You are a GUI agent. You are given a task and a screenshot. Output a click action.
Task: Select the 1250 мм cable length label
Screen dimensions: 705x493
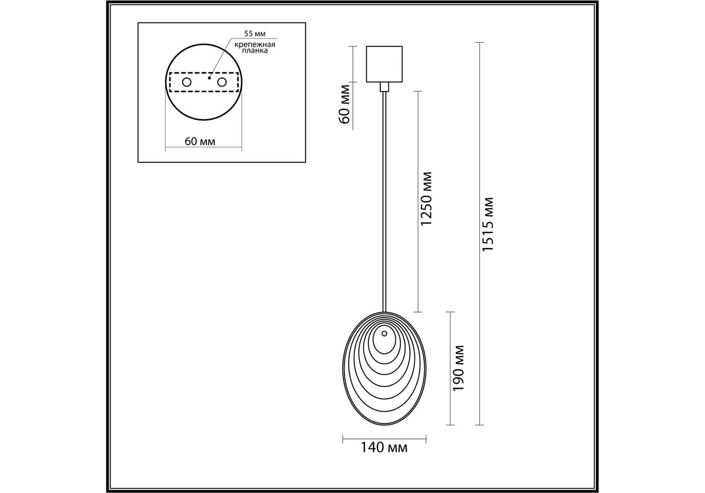(x=426, y=199)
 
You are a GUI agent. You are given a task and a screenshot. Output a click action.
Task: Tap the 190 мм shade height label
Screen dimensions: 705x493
(x=458, y=368)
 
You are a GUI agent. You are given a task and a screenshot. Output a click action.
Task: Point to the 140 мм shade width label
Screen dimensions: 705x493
(x=384, y=447)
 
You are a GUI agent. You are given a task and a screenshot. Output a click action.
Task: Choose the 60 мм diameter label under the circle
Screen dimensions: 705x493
(x=200, y=141)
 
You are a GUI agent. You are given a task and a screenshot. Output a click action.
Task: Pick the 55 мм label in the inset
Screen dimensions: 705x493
(x=255, y=34)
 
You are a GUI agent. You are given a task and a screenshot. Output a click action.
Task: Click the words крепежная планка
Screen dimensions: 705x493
(x=255, y=47)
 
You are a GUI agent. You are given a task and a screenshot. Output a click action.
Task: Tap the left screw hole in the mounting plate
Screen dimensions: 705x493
(x=187, y=82)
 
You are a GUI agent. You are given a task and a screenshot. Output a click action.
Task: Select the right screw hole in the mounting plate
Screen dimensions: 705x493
(x=222, y=82)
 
